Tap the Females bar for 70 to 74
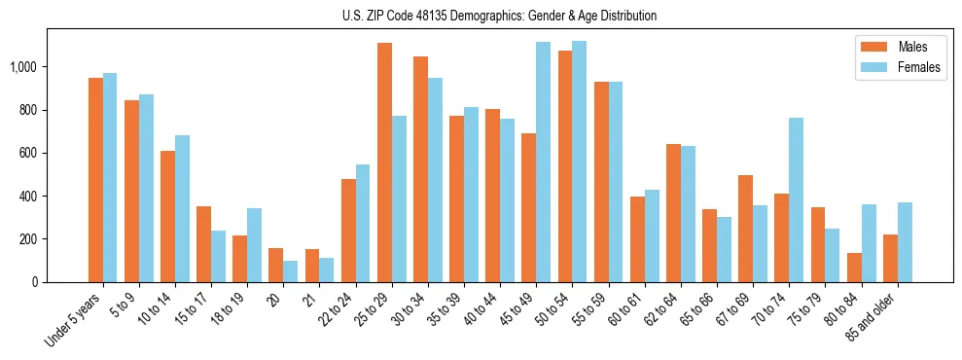pyautogui.click(x=796, y=199)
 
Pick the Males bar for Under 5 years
pyautogui.click(x=95, y=180)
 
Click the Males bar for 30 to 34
pyautogui.click(x=421, y=169)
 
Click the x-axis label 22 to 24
pyautogui.click(x=337, y=310)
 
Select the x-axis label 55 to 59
pyautogui.click(x=589, y=310)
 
